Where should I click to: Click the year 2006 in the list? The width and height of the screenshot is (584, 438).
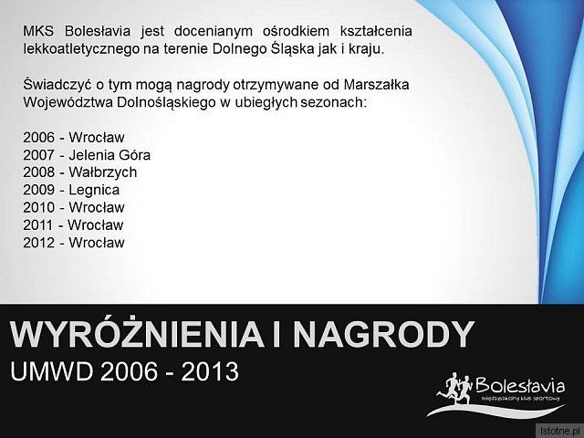(x=38, y=138)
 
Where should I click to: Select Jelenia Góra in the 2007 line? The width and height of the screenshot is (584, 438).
(x=109, y=155)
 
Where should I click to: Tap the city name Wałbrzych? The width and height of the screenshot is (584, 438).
(x=103, y=172)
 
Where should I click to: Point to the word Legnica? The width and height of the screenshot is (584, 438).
(x=94, y=191)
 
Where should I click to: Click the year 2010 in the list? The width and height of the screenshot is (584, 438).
(x=38, y=207)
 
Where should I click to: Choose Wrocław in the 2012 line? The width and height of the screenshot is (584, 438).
(x=97, y=243)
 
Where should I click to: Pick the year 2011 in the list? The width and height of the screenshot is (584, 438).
(x=38, y=225)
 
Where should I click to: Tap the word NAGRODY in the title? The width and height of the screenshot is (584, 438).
(x=383, y=334)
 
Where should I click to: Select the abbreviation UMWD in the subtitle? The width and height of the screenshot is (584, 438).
(x=51, y=371)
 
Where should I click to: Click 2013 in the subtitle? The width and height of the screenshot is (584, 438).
(x=210, y=371)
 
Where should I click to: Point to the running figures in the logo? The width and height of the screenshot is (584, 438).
(x=455, y=391)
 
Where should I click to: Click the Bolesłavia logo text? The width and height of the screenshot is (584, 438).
(x=520, y=385)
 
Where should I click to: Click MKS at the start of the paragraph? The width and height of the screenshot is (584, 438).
(x=38, y=31)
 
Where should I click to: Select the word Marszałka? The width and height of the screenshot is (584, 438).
(x=376, y=85)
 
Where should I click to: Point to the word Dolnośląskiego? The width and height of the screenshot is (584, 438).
(x=166, y=102)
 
